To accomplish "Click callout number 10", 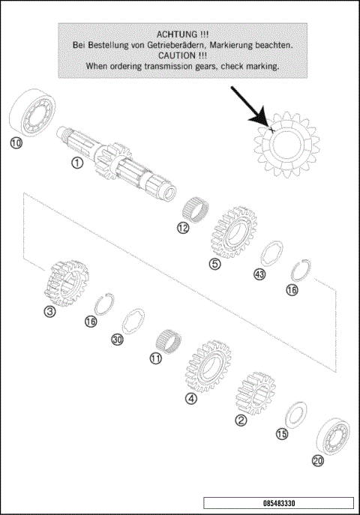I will click(x=16, y=142).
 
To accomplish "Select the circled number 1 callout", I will click(x=76, y=162).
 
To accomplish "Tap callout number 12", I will click(x=183, y=228).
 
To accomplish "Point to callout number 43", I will click(x=259, y=274).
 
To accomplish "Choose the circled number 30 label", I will click(x=117, y=340).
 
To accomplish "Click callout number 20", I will click(x=317, y=461).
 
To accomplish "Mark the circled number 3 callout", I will click(x=49, y=311).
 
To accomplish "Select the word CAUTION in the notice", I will click(x=172, y=55).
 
